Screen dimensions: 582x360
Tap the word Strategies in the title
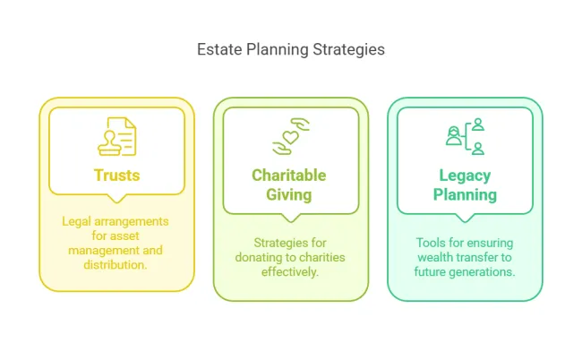click(x=348, y=50)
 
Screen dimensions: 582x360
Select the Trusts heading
click(x=117, y=176)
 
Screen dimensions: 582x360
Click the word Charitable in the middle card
click(x=289, y=176)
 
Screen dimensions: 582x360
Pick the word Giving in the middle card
click(x=289, y=195)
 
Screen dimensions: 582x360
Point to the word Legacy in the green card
click(x=465, y=176)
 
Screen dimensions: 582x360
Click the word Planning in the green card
click(x=465, y=195)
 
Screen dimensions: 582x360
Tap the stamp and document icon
click(x=117, y=137)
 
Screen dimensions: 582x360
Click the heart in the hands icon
click(x=291, y=136)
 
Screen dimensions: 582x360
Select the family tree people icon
click(x=465, y=136)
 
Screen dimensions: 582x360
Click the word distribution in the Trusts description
click(x=115, y=264)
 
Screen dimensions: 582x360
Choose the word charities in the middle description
click(x=321, y=257)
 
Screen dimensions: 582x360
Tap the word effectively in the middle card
click(x=289, y=271)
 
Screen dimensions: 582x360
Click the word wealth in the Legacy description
click(x=434, y=257)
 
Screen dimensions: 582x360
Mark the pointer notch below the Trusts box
click(x=117, y=199)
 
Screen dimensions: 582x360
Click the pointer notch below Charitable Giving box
click(x=291, y=218)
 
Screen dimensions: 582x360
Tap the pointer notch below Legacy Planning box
click(x=465, y=218)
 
